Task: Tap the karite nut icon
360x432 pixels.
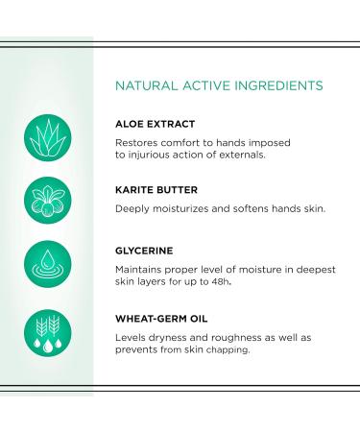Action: [47, 200]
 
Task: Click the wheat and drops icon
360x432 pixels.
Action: [47, 332]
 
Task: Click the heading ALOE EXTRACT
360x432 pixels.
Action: [156, 123]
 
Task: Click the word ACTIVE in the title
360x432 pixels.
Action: [204, 84]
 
